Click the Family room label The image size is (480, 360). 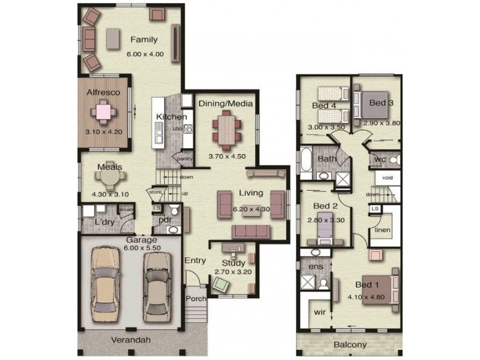click(x=144, y=40)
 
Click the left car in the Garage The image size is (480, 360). click(x=105, y=283)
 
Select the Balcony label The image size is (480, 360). click(x=350, y=345)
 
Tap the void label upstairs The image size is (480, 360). click(x=388, y=178)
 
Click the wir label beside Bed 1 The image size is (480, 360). click(x=320, y=313)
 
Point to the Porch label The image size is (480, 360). click(x=196, y=298)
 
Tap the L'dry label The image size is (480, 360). click(x=104, y=223)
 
